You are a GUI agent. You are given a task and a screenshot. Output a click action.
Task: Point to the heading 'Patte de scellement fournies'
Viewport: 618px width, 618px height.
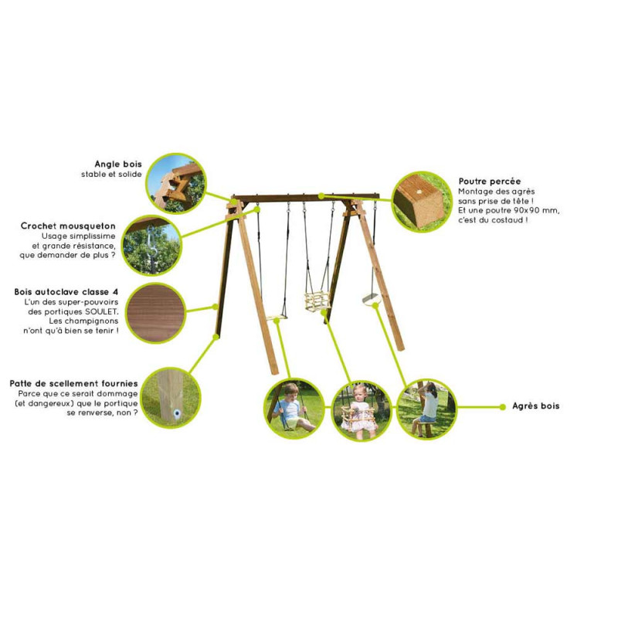tap(74, 382)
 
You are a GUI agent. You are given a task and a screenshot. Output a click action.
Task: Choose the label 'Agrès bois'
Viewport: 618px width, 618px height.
tap(535, 406)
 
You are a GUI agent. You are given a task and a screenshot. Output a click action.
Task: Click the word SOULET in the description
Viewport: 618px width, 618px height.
tap(100, 311)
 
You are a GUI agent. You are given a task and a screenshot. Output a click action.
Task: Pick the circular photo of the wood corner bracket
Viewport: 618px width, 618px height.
tap(175, 183)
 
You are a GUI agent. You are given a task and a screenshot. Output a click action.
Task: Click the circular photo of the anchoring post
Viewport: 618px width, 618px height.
tap(171, 398)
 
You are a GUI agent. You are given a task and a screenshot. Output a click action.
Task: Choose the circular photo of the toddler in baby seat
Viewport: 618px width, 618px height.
tap(361, 409)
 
